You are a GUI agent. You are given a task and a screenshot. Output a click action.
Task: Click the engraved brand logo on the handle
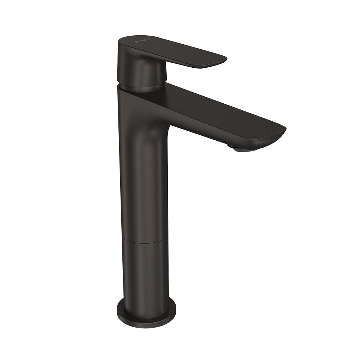point(143,41)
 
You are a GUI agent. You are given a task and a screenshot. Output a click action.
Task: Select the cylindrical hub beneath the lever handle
point(143,74)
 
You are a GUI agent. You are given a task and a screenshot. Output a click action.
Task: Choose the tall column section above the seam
point(144,180)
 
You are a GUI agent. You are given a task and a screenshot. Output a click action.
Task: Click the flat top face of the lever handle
point(173,49)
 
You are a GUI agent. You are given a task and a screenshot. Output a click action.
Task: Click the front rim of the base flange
point(146,323)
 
